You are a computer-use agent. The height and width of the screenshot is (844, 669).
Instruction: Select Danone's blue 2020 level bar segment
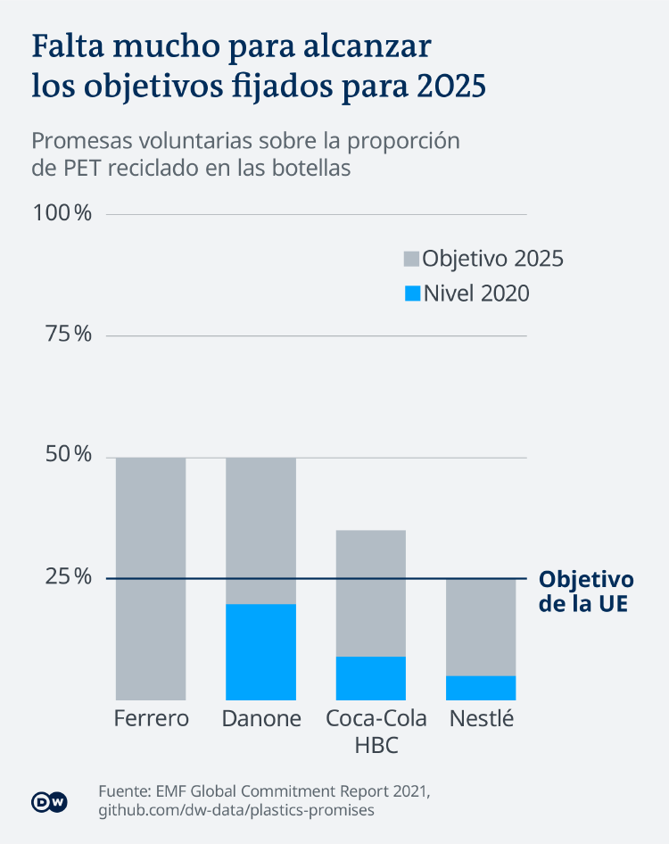pyautogui.click(x=260, y=652)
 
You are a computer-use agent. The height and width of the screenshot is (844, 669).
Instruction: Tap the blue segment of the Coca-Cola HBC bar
pyautogui.click(x=371, y=678)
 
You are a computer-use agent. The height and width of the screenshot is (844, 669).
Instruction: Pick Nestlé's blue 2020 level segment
pyautogui.click(x=481, y=688)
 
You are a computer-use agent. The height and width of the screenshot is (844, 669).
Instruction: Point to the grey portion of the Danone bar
pyautogui.click(x=260, y=531)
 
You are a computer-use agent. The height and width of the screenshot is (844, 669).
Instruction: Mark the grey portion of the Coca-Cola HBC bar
pyautogui.click(x=371, y=593)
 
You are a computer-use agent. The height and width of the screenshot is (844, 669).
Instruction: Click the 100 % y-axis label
pyautogui.click(x=62, y=214)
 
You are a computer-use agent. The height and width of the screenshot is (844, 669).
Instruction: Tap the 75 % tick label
pyautogui.click(x=68, y=335)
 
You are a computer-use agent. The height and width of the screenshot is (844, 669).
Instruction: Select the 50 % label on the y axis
pyautogui.click(x=68, y=457)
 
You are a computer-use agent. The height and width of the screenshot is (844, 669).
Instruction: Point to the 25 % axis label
pyautogui.click(x=68, y=577)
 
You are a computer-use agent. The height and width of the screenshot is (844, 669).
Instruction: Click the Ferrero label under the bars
pyautogui.click(x=152, y=719)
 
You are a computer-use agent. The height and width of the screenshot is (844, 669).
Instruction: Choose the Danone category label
pyautogui.click(x=260, y=719)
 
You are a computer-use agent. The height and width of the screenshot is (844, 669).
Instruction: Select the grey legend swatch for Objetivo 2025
pyautogui.click(x=411, y=259)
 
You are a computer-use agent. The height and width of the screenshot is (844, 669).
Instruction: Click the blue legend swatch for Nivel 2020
pyautogui.click(x=411, y=293)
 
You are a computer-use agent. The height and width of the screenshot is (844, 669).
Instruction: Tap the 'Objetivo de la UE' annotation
pyautogui.click(x=586, y=591)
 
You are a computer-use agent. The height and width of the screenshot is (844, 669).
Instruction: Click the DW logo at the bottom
pyautogui.click(x=50, y=801)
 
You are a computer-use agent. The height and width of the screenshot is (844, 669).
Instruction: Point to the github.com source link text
pyautogui.click(x=236, y=810)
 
